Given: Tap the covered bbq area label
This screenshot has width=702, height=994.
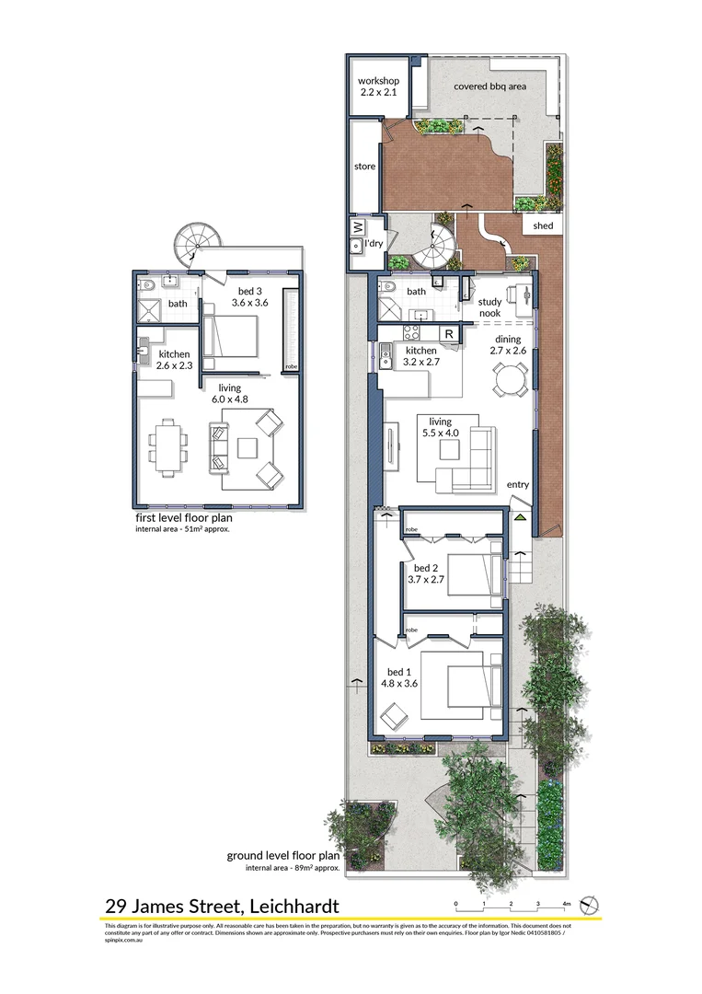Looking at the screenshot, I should (x=489, y=87).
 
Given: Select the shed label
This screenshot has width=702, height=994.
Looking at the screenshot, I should (x=543, y=225).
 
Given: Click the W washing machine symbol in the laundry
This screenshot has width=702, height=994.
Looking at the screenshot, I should (x=355, y=226).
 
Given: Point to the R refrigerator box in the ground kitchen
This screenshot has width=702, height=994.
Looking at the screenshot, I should (x=448, y=334).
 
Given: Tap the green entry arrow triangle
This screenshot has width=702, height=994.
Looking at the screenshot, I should (x=521, y=518).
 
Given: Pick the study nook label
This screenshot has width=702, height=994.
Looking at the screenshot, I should (x=489, y=307).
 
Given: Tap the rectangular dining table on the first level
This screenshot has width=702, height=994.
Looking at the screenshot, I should (x=167, y=447).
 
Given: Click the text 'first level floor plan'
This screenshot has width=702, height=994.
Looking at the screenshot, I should (x=183, y=518).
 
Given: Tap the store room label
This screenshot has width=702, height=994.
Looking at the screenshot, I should (x=365, y=167).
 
